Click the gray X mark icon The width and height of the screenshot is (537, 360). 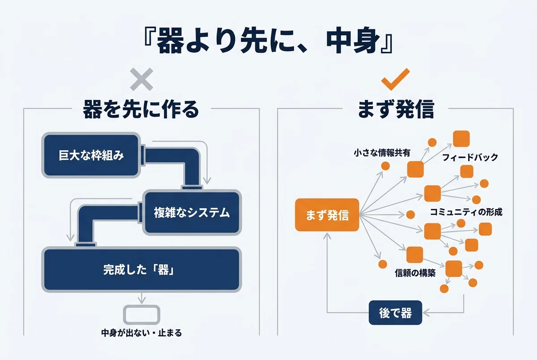coord(141,79)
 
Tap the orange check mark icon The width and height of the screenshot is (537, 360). coord(395,79)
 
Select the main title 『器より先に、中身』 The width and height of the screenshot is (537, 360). coord(268,40)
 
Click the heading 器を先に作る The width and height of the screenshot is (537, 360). coord(141,109)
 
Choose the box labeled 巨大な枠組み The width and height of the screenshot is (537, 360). coord(91,155)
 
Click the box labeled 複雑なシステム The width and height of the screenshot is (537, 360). coord(192,212)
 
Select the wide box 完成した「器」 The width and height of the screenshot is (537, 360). coord(141,270)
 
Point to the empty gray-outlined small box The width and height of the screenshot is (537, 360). coord(141,315)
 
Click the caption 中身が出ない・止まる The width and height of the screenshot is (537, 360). coord(141,333)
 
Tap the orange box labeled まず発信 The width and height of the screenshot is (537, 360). coord(327,215)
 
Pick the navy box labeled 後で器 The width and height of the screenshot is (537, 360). coord(395,313)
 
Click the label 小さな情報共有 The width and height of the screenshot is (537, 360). coord(382,152)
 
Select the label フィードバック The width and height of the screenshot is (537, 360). coord(470,157)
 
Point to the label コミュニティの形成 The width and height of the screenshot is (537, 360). coord(466,212)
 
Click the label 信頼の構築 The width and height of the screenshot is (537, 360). coord(415,273)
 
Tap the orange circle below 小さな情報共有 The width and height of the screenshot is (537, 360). coord(385,166)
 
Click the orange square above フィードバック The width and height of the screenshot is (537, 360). coord(461,139)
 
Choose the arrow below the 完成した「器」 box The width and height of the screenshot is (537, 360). coord(142,298)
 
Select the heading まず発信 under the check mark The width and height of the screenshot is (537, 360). coord(396,109)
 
